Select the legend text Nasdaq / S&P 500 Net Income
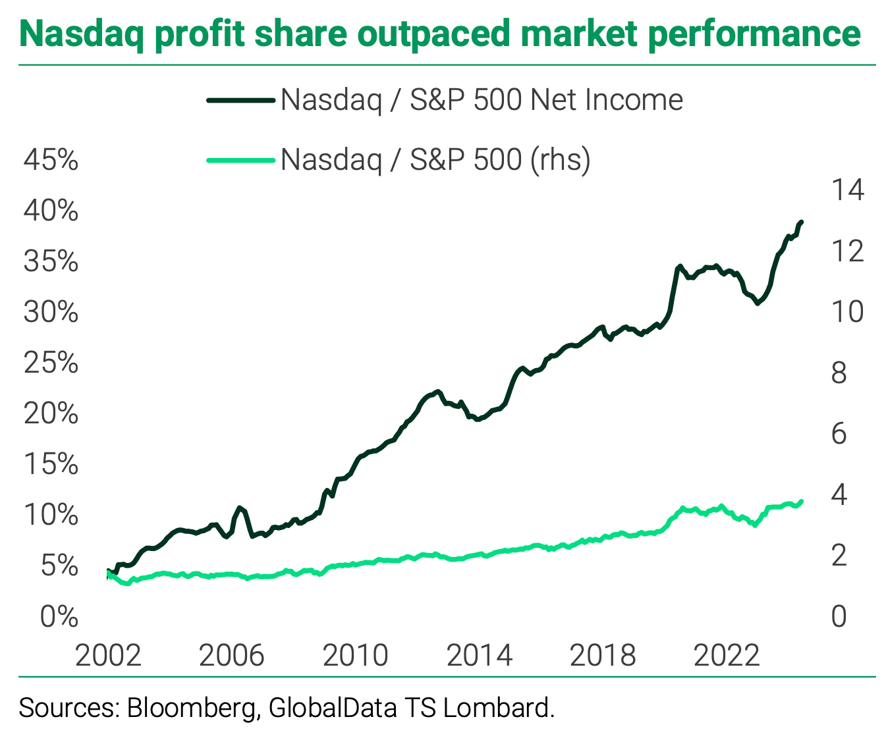click(482, 100)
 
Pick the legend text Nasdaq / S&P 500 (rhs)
click(435, 159)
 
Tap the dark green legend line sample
click(240, 100)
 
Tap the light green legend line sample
click(240, 159)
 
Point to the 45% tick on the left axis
click(51, 160)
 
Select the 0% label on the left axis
click(59, 617)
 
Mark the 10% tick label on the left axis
click(51, 515)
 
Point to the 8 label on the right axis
click(839, 373)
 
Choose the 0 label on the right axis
click(839, 617)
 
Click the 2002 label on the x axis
click(108, 655)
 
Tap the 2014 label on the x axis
click(479, 655)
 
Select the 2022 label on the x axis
click(727, 655)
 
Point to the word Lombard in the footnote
click(498, 708)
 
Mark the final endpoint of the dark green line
click(801, 223)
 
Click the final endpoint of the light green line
click(801, 502)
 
